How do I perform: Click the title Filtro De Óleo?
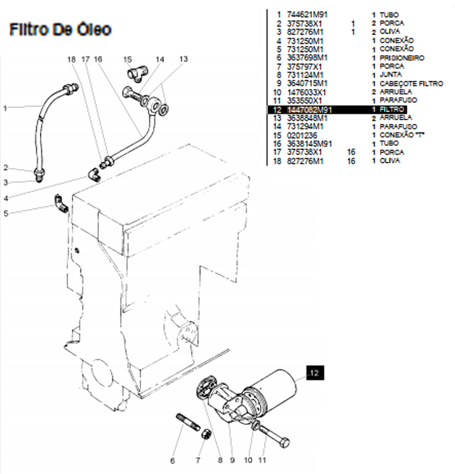click(x=60, y=29)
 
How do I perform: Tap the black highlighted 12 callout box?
click(x=314, y=372)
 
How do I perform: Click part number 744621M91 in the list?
click(x=306, y=14)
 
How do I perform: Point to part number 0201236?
click(x=300, y=134)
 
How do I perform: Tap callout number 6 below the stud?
click(x=173, y=461)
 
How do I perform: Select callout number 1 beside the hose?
click(x=5, y=109)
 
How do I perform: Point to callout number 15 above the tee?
click(x=127, y=59)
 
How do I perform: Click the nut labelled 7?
click(x=207, y=436)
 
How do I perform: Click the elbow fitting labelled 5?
click(x=60, y=203)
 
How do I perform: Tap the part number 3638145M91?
click(x=310, y=143)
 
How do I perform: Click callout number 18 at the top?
click(x=71, y=59)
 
